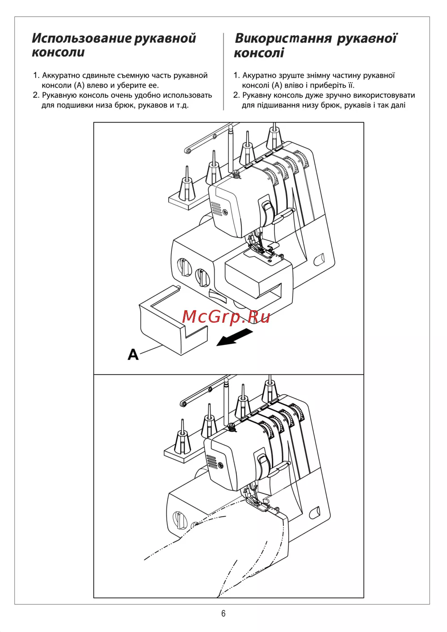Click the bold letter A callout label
point(133,354)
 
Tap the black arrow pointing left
point(234,337)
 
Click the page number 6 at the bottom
point(223,613)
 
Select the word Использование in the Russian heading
point(82,38)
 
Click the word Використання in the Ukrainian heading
point(283,38)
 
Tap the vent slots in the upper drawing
point(216,209)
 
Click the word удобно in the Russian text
point(148,96)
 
